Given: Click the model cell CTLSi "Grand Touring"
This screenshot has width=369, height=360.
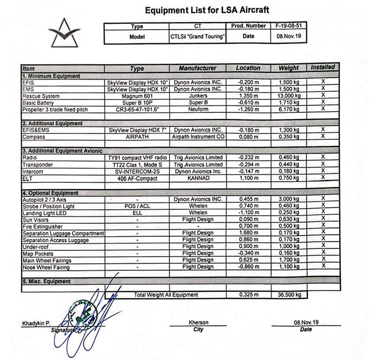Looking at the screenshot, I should (x=197, y=36).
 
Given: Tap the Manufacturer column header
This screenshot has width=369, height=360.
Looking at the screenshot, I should (x=197, y=68).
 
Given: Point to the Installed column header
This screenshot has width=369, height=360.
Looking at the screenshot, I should (x=322, y=68).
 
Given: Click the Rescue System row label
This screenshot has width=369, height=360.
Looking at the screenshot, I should (x=41, y=96).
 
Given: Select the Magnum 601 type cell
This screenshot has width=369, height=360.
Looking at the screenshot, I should (x=137, y=96).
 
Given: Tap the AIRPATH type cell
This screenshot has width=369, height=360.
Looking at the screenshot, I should (x=137, y=137).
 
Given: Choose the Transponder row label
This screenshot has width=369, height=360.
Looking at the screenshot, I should (x=38, y=164).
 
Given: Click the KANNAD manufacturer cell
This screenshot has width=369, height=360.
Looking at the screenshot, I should (x=198, y=178).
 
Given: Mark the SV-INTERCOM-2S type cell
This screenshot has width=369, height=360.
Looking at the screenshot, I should (x=137, y=171).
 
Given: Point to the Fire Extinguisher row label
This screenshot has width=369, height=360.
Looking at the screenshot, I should (x=44, y=226).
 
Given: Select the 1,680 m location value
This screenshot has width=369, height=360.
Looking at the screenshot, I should (x=248, y=233).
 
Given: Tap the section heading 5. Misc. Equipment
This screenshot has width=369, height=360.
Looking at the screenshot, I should (x=47, y=282).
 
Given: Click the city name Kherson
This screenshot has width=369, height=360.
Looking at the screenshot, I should (x=198, y=323).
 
